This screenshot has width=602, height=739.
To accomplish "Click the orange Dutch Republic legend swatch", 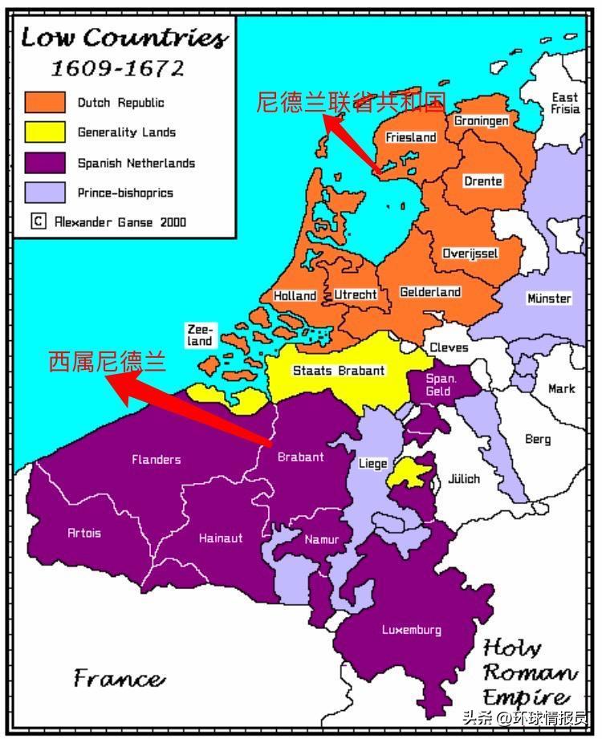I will [x=44, y=103].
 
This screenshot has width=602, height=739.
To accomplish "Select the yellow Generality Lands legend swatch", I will [x=44, y=132].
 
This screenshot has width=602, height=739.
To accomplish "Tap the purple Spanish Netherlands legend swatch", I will [x=44, y=163].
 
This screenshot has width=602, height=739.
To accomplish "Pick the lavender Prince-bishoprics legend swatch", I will [x=44, y=193].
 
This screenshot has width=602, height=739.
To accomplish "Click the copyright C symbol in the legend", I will [x=38, y=221].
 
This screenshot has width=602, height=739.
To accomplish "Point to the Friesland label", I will [x=410, y=137].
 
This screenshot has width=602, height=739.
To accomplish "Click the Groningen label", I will [x=481, y=120].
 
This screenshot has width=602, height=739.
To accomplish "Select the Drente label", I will [x=482, y=181].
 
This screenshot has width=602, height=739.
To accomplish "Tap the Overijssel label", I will [x=470, y=254].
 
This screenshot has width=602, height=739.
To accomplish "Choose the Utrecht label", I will [x=355, y=294].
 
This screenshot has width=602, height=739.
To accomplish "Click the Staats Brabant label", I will [x=338, y=371].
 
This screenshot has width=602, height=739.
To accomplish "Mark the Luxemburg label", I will [x=411, y=630].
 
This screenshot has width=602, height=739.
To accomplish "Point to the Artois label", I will [x=84, y=533].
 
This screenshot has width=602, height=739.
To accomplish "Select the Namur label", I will [x=321, y=540].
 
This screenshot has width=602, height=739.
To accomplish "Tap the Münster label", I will [x=549, y=298].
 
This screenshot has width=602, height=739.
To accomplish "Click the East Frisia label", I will [x=564, y=103].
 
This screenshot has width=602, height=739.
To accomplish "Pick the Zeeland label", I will [x=200, y=335].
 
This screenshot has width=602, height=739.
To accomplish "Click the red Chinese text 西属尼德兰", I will [x=107, y=362].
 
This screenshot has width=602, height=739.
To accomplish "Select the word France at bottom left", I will [x=120, y=678].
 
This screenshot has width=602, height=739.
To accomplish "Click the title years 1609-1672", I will [x=117, y=68].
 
